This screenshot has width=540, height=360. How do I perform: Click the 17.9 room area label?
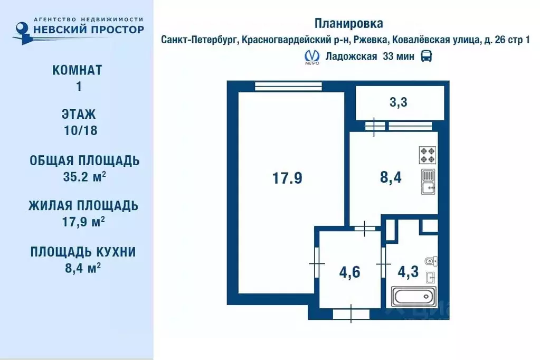click(287, 178)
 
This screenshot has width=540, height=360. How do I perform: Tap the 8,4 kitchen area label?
click(391, 177)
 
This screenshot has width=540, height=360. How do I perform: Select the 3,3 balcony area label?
click(399, 102)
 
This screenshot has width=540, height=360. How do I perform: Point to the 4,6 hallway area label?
click(349, 273)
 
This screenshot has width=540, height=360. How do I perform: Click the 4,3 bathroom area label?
click(408, 273)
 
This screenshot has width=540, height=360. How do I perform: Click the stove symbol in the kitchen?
click(428, 154)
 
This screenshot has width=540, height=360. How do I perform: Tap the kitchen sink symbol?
click(428, 182)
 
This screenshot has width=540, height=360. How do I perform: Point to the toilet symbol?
click(430, 260)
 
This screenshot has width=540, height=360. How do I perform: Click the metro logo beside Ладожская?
click(312, 56)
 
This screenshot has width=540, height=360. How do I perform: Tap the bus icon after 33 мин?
click(426, 56)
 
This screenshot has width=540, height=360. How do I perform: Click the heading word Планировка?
click(349, 23)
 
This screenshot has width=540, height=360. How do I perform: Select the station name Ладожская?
click(351, 56)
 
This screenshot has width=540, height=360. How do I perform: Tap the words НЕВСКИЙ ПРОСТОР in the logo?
click(88, 30)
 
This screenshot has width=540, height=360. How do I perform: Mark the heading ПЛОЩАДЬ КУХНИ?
click(83, 252)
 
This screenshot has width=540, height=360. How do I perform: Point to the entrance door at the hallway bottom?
click(351, 314)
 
